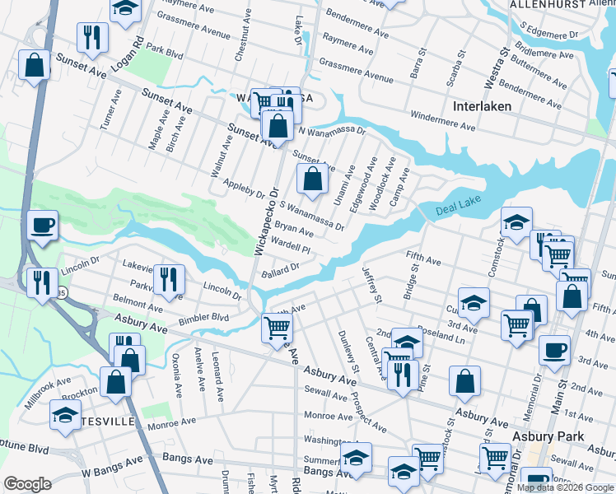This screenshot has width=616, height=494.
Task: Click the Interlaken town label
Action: [x=482, y=106]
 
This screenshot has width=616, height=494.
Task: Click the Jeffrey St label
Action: [x=372, y=282]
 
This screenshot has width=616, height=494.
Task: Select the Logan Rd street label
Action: [x=136, y=51]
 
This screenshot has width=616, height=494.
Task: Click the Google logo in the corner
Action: [x=27, y=483]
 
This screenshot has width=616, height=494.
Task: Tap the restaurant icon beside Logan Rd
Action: [x=91, y=37]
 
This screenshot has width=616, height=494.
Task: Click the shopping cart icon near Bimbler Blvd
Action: [x=277, y=327]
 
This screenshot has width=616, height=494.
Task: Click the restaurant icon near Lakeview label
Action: [x=170, y=277]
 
